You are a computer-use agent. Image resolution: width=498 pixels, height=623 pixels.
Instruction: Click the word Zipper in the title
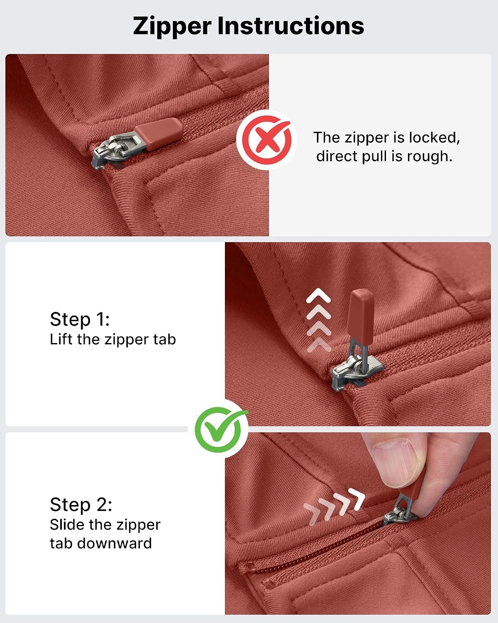point(172,27)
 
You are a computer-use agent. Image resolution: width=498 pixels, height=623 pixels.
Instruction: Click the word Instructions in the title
point(290,26)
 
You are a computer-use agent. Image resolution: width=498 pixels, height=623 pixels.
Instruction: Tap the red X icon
point(266,140)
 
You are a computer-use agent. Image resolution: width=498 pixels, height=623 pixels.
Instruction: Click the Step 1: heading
point(80,319)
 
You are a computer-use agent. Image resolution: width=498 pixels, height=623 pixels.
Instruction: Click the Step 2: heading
point(81,505)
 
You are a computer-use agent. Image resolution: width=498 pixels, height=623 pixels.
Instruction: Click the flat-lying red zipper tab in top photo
point(159,134)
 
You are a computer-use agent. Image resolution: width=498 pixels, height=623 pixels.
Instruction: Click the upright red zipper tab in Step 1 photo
point(361,316)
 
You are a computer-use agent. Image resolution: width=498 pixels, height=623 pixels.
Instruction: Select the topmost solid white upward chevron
point(318,295)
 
